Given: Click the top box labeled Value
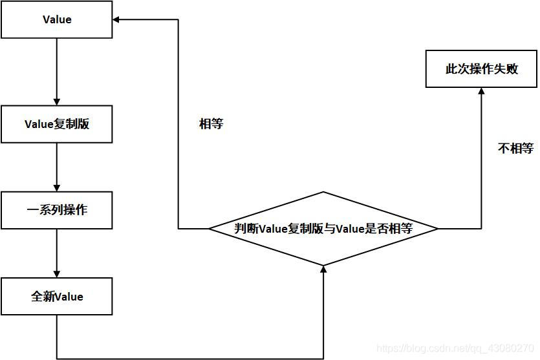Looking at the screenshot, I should click(57, 19).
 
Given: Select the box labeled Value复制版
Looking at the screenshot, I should click(57, 124).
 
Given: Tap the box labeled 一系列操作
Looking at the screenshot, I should click(57, 211).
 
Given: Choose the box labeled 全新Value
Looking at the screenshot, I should click(57, 297).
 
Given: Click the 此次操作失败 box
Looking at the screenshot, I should click(482, 69).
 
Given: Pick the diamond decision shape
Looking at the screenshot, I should click(323, 228).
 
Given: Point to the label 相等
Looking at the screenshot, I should click(211, 124).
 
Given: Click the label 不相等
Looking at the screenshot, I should click(515, 148).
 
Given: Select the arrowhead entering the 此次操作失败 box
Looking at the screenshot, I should click(482, 92).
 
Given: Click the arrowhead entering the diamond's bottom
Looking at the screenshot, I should click(323, 269).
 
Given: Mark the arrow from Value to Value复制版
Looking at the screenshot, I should click(57, 71).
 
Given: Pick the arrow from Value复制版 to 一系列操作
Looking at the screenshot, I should click(57, 167).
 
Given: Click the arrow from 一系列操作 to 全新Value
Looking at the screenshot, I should click(57, 253).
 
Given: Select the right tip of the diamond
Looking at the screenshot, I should click(437, 228).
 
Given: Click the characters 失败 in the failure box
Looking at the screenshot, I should click(506, 69).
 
